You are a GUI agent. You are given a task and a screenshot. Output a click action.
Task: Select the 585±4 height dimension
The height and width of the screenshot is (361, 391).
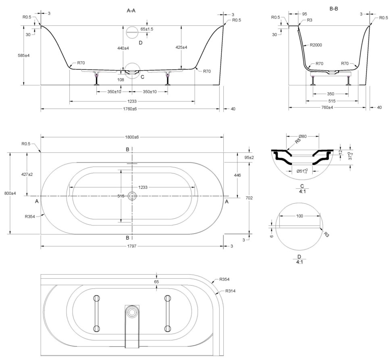(x=30, y=55)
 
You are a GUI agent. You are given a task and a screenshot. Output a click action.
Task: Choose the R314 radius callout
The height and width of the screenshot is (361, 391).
(x=231, y=291)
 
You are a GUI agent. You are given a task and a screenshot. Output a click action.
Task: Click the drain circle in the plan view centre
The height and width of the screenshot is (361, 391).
(x=132, y=196)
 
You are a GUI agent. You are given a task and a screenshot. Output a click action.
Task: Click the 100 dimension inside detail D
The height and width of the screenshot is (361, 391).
(x=300, y=216)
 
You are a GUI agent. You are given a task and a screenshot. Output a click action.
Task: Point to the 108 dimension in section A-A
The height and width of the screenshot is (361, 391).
(x=120, y=79)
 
